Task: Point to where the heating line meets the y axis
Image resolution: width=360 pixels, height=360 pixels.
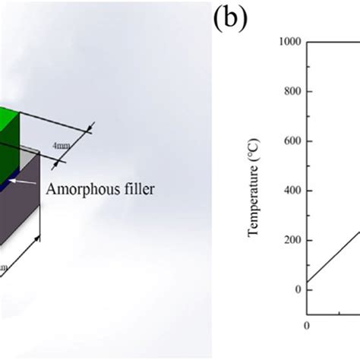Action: (x=306, y=283)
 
